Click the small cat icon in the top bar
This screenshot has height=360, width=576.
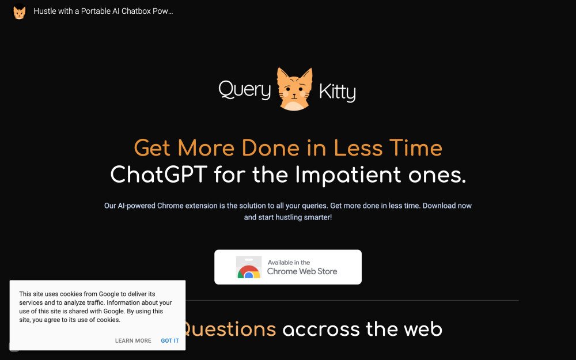20,12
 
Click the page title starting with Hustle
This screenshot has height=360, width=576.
103,12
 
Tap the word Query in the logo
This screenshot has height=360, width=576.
244,90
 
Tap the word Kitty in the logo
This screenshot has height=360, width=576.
337,92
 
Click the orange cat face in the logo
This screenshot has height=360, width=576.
294,90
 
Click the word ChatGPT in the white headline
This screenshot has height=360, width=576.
158,175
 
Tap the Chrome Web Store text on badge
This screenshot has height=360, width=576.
302,271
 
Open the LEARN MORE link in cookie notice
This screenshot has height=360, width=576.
133,341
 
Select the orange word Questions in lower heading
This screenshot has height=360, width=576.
229,329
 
